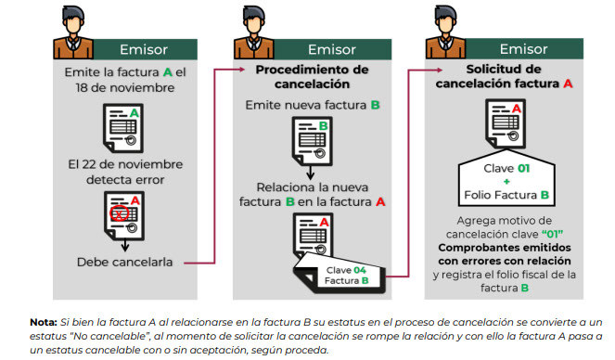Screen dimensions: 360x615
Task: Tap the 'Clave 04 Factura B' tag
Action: click(346, 274)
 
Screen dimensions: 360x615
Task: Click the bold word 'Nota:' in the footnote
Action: click(45, 321)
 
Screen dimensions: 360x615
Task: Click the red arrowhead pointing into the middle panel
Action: click(224, 71)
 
